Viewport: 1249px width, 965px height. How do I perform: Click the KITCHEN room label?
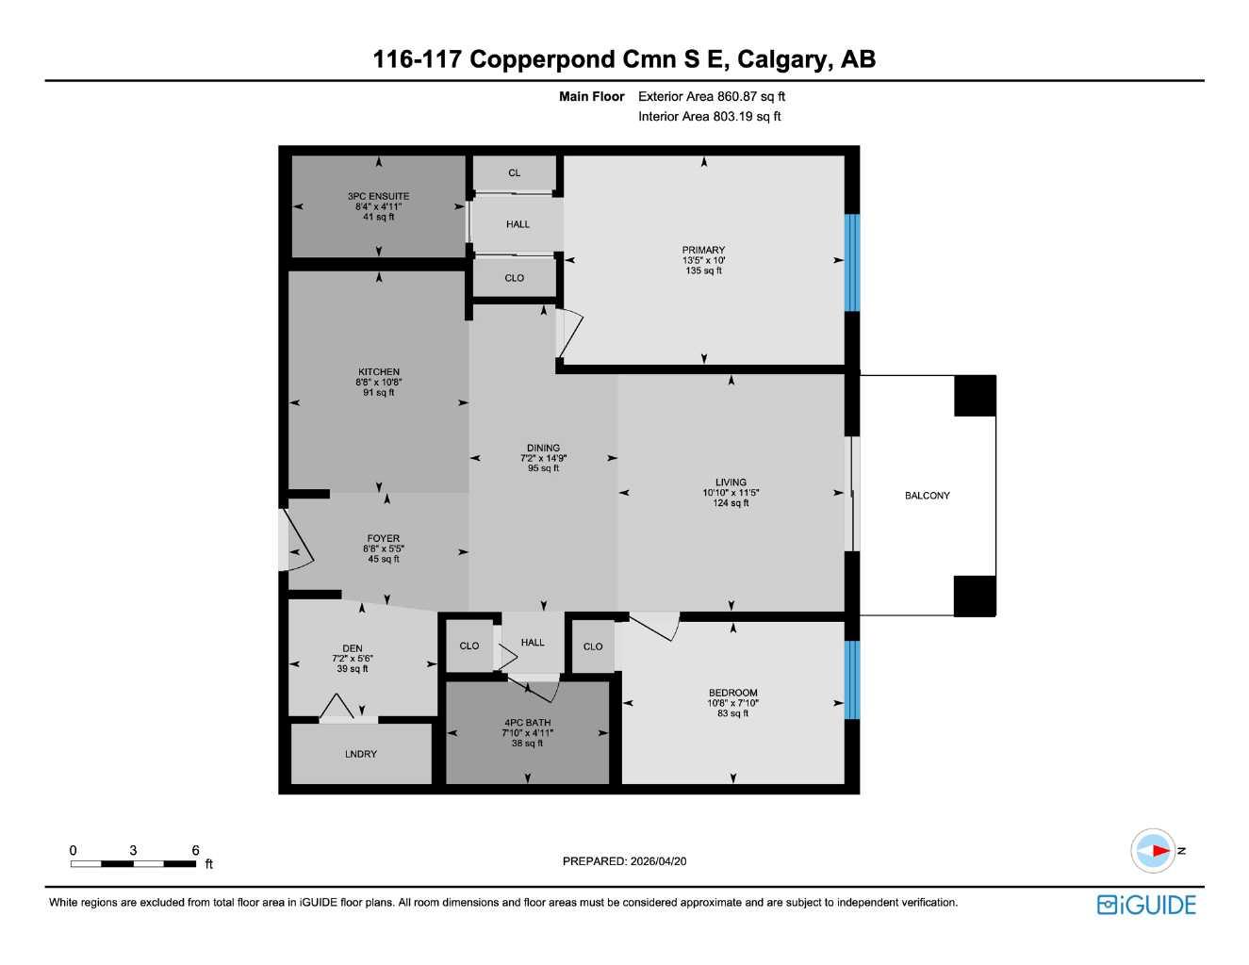pyautogui.click(x=379, y=372)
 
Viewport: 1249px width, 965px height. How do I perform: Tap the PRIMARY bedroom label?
pyautogui.click(x=703, y=250)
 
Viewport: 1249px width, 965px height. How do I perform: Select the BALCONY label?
pyautogui.click(x=927, y=496)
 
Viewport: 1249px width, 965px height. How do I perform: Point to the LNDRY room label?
pyautogui.click(x=361, y=754)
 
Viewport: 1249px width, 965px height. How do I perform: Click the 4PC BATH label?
pyautogui.click(x=527, y=723)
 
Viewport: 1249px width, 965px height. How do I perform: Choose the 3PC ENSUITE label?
pyautogui.click(x=378, y=196)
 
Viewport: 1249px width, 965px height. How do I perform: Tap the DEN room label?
pyautogui.click(x=353, y=648)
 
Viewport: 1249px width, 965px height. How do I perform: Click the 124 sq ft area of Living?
pyautogui.click(x=731, y=503)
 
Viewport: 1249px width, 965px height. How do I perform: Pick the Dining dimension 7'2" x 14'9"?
pyautogui.click(x=543, y=458)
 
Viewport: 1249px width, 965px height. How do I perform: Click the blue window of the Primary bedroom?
pyautogui.click(x=852, y=262)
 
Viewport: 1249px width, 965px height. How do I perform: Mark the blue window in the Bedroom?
pyautogui.click(x=852, y=679)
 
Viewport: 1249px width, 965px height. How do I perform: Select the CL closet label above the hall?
pyautogui.click(x=514, y=172)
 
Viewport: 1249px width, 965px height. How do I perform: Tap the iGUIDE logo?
pyautogui.click(x=1146, y=905)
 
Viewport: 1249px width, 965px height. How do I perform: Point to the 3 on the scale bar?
pyautogui.click(x=133, y=850)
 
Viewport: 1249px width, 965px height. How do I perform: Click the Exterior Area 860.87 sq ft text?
pyautogui.click(x=712, y=96)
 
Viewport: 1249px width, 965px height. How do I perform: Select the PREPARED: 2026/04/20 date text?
pyautogui.click(x=624, y=861)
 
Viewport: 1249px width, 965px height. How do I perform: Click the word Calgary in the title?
pyautogui.click(x=781, y=59)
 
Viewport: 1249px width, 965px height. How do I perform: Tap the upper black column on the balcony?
pyautogui.click(x=975, y=396)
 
